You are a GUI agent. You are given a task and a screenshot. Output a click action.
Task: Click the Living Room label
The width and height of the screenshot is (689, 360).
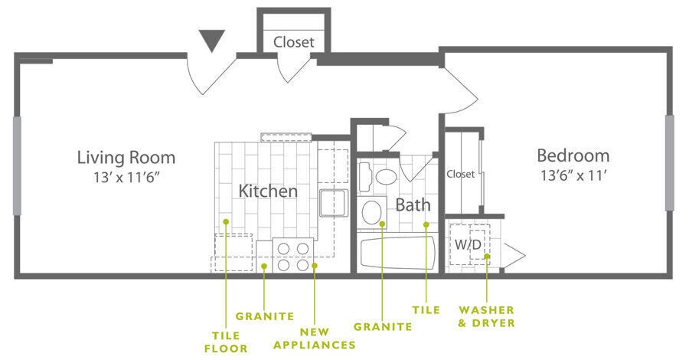pos(126,158)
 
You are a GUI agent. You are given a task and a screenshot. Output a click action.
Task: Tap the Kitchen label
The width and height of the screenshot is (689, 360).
pos(267,191)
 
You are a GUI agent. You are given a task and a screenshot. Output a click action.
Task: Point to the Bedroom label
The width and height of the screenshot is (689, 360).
pos(573,155)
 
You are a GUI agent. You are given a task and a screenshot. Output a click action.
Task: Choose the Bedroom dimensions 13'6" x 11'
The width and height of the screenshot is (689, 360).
pos(573,175)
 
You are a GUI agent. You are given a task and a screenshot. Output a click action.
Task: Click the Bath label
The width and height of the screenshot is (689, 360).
pos(413,205)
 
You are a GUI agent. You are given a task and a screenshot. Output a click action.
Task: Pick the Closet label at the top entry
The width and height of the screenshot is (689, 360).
pos(293,42)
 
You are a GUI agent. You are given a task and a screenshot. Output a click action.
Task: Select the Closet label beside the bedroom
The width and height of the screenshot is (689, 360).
pos(460,174)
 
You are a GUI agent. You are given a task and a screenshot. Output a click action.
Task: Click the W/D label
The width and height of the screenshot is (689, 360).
pos(468,244)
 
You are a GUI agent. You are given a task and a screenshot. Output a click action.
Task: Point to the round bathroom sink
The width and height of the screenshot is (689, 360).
pos(373,211)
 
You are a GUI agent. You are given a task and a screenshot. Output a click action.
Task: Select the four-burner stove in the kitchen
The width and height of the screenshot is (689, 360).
pos(294,256)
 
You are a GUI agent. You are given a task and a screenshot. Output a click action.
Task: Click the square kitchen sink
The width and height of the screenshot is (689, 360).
pos(333,204)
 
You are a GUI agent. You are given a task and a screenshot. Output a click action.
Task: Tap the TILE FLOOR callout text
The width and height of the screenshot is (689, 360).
pos(227,342)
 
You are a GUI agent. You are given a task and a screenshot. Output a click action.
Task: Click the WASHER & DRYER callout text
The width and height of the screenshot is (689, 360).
pos(486,316)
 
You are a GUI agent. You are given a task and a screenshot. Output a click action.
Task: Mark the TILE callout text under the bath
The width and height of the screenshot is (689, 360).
pos(426,309)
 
